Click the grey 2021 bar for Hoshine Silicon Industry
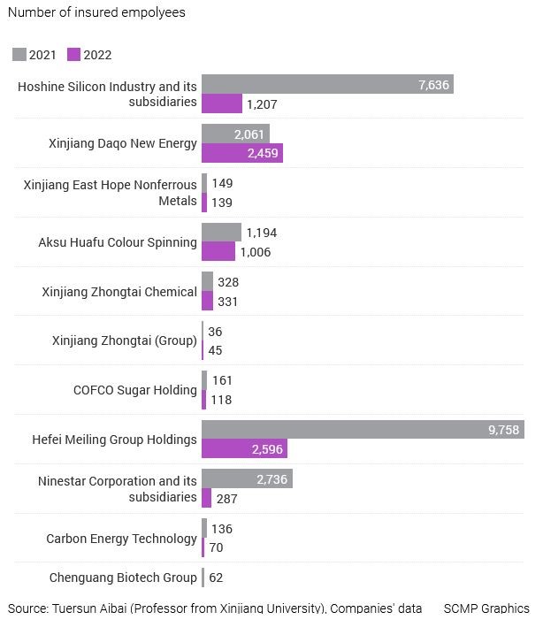(x=327, y=84)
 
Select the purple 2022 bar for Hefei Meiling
(x=245, y=448)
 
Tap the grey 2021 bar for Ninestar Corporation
(x=247, y=478)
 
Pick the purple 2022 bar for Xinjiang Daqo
(x=242, y=153)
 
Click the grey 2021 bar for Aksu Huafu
(x=221, y=233)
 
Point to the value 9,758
(x=503, y=430)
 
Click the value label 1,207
(x=262, y=104)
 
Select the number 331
(x=227, y=302)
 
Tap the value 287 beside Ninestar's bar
(x=226, y=499)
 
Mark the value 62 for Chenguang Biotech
(x=216, y=578)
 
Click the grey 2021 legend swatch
(x=19, y=54)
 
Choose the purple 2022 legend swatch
(x=74, y=54)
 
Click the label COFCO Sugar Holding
(x=135, y=390)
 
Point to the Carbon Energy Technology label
(x=121, y=539)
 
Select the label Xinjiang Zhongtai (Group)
(x=125, y=340)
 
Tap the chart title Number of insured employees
(x=96, y=12)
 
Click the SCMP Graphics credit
(x=486, y=608)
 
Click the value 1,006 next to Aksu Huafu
(x=256, y=252)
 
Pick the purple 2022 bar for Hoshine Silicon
(x=222, y=103)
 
